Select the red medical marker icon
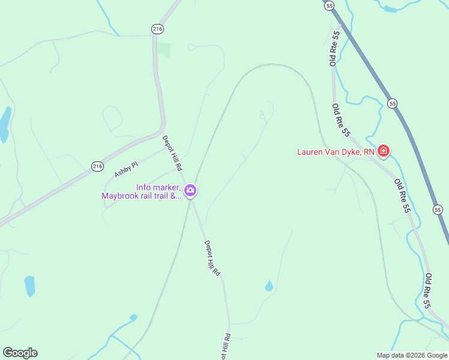click(383, 151)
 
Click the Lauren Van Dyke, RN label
click(336, 152)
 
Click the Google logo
click(20, 353)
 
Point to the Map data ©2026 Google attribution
click(412, 355)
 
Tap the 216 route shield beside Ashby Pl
click(97, 166)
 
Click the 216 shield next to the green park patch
click(157, 29)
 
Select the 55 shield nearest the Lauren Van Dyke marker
click(392, 103)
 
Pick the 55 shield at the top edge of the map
click(329, 5)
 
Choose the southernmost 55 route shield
click(438, 209)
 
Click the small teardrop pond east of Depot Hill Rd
click(268, 286)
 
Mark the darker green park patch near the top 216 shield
click(164, 50)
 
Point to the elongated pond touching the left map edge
click(4, 124)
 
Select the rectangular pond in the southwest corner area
click(29, 286)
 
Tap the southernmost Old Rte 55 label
click(427, 291)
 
